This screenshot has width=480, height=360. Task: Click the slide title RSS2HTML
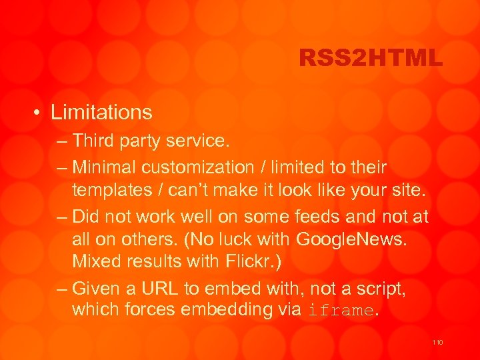pos(371,59)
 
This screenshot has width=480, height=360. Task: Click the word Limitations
pos(101,113)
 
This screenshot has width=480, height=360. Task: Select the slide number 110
pos(437,342)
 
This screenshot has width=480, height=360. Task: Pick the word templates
pos(112,191)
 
